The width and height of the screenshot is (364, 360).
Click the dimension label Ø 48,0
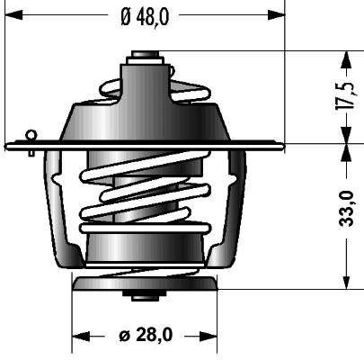click(145, 16)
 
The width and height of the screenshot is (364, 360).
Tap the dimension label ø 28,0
click(146, 335)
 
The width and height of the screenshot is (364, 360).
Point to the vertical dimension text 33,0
click(347, 208)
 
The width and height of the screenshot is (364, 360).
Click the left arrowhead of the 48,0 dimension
click(13, 14)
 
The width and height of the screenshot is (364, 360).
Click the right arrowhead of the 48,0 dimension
click(276, 14)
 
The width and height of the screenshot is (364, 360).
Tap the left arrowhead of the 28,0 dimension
click(81, 337)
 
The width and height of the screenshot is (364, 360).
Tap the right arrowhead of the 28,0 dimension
click(209, 337)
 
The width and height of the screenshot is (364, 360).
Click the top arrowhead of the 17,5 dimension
click(347, 59)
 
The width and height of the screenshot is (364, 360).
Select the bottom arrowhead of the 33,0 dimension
click(347, 281)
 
